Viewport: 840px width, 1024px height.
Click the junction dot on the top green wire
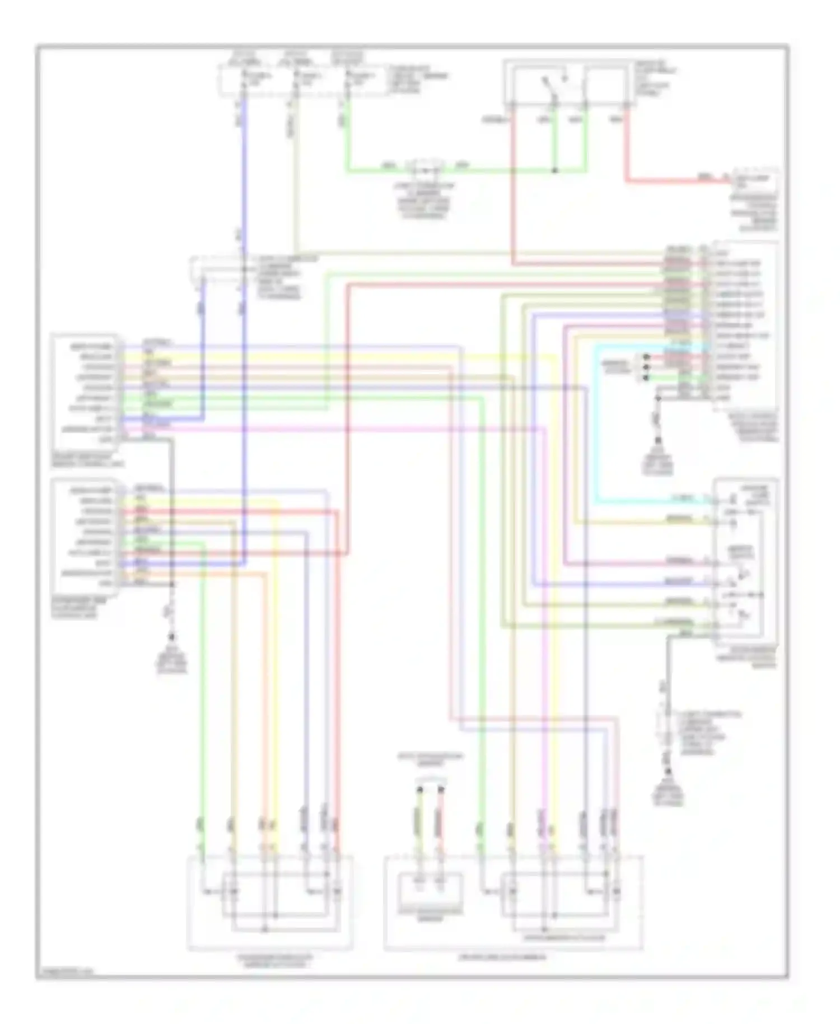554,170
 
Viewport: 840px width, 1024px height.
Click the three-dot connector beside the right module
646,367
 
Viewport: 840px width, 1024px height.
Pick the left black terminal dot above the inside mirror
419,790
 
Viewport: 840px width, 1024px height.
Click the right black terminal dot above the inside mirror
441,790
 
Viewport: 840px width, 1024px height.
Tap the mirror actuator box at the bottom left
270,902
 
